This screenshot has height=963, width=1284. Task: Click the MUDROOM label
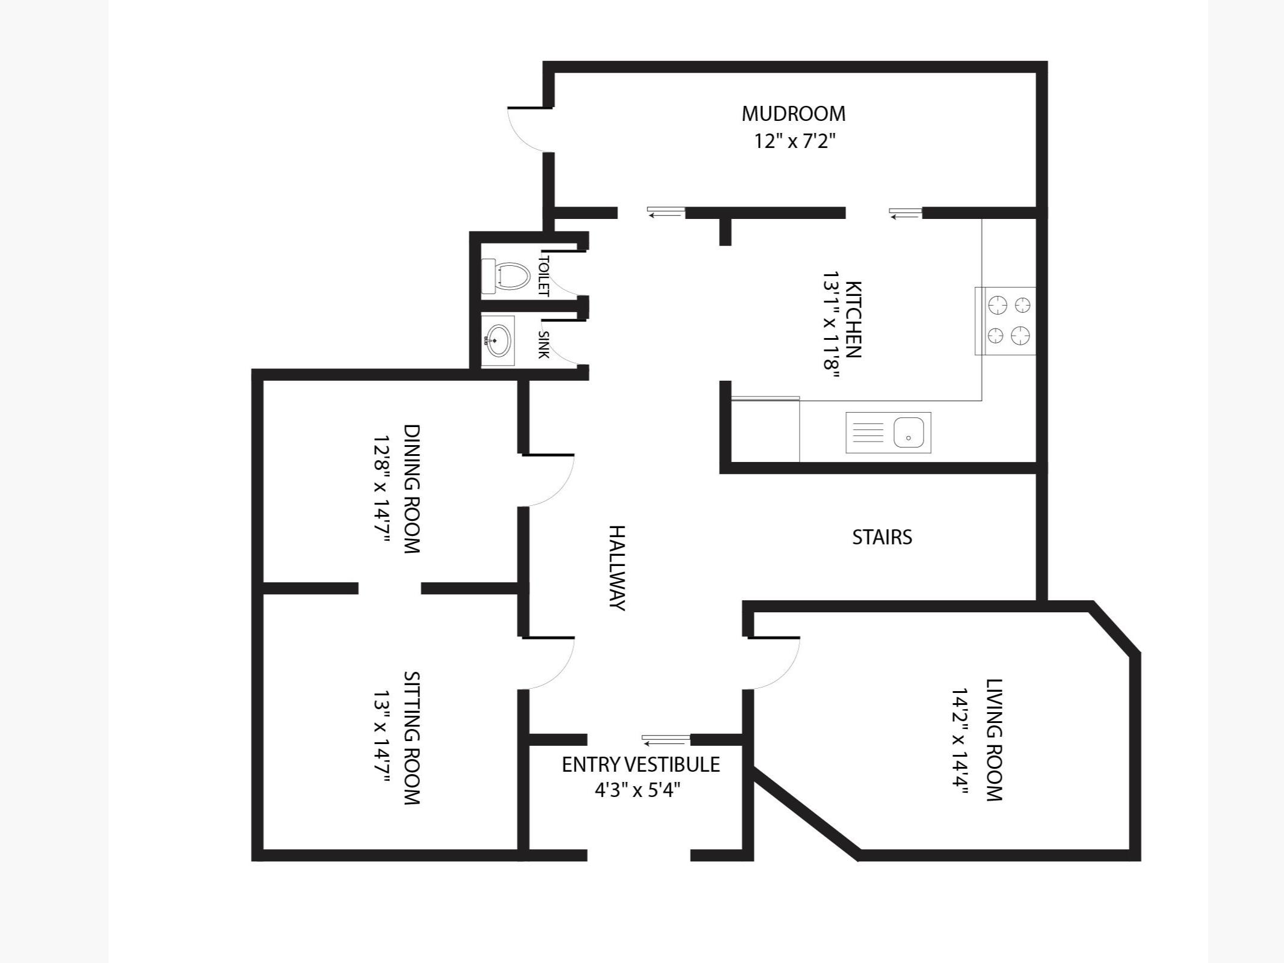point(793,114)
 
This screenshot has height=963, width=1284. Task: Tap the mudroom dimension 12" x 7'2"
point(795,141)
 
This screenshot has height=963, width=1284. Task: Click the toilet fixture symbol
point(505,276)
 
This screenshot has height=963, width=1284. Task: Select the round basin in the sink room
point(498,340)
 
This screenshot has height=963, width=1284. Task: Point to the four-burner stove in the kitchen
point(1005,321)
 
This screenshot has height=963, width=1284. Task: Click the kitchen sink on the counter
point(889,432)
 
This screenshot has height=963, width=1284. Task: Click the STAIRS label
point(882,537)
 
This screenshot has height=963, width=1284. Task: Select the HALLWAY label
point(617,568)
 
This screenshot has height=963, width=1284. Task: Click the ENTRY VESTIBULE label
point(641,765)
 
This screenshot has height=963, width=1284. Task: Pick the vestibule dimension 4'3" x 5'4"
point(638,789)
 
